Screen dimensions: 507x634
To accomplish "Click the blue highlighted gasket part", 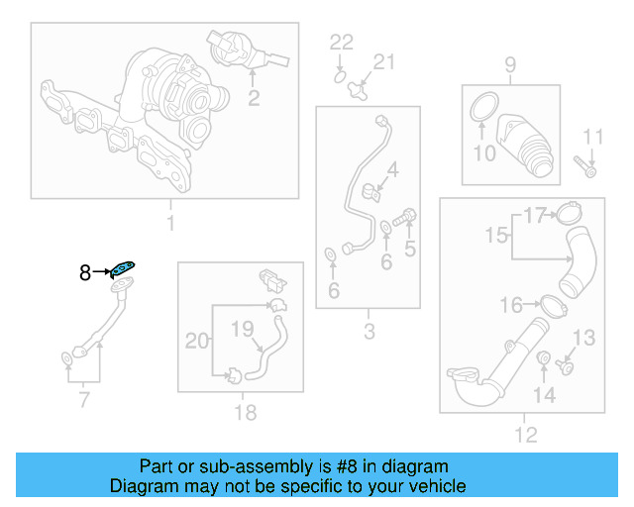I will [124, 267].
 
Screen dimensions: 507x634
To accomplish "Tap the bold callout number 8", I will [85, 270].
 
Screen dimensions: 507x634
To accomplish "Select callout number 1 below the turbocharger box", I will [169, 223].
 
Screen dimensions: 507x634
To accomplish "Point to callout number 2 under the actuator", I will [254, 97].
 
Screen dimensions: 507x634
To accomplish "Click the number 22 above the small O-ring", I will [341, 42].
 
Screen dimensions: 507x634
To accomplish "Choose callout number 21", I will [382, 62].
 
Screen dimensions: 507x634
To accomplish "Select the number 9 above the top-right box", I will [510, 65].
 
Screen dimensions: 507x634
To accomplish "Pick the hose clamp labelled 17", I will [569, 212].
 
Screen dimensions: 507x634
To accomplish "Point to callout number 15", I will [495, 236].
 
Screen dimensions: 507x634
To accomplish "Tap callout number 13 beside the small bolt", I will [584, 339].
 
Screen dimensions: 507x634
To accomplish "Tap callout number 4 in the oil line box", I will [392, 170].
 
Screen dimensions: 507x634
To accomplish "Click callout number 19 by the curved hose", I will [243, 329].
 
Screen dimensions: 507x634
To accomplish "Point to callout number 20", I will [198, 341].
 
